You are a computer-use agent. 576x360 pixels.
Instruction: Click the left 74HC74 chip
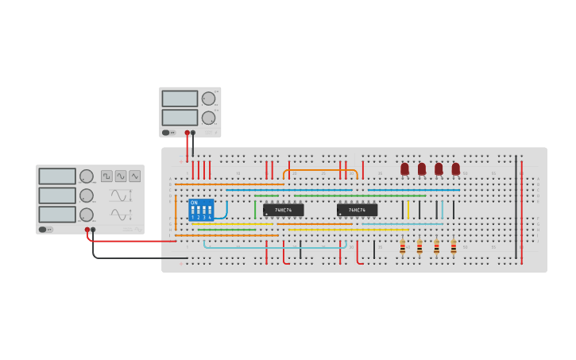284,210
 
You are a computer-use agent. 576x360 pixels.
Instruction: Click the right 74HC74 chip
357,210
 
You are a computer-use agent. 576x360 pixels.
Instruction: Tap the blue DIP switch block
201,210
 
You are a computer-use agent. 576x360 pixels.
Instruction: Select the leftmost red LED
404,168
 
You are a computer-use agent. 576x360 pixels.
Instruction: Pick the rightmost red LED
456,168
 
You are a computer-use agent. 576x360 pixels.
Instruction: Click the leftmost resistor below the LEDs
403,247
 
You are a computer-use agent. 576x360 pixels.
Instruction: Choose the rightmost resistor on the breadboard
454,247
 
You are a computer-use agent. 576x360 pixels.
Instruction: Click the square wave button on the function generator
106,176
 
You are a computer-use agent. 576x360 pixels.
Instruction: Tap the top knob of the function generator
86,176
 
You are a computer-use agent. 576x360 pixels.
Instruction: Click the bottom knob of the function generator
86,215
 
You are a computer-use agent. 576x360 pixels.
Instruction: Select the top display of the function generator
57,176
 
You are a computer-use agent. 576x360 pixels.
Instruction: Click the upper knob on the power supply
208,99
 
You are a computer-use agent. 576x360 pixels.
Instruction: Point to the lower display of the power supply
180,118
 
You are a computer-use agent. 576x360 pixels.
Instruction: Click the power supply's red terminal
187,133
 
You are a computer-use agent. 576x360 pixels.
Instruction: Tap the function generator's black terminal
93,230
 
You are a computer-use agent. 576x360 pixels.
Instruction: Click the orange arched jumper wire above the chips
320,170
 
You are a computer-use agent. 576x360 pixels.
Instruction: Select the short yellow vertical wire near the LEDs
408,209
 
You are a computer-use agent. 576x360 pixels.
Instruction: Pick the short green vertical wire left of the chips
255,209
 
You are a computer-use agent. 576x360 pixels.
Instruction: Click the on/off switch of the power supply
166,133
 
